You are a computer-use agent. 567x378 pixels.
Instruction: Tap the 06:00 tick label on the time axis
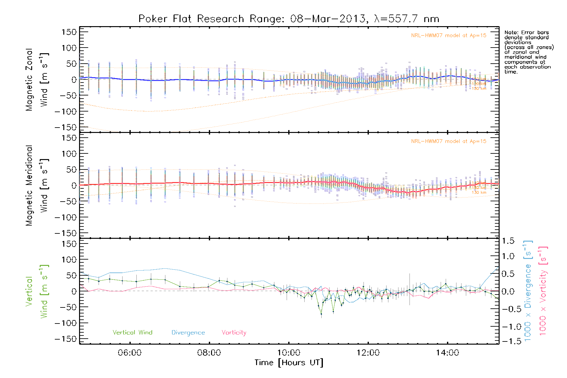tap(129, 353)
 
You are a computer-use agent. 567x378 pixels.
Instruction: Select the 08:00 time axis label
tap(209, 353)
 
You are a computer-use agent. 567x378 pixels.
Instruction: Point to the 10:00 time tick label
tap(289, 353)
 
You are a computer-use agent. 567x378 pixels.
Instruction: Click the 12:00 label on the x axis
tap(368, 353)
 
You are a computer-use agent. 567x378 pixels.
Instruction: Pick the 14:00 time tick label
tap(447, 353)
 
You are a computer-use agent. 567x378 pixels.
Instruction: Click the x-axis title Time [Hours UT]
tap(289, 363)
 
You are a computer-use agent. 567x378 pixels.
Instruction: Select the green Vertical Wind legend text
tap(132, 333)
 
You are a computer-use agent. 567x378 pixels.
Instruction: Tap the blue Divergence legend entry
tap(188, 333)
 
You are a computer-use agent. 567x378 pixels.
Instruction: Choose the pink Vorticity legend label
tap(234, 333)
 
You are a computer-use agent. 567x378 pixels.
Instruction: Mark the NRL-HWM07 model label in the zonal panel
tap(449, 36)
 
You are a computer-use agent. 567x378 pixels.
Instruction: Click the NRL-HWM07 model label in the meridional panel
tap(449, 141)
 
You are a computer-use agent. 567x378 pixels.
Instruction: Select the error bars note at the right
tap(529, 52)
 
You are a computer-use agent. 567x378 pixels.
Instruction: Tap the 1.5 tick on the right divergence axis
tap(508, 241)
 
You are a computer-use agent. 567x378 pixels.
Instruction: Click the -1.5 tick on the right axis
tap(507, 341)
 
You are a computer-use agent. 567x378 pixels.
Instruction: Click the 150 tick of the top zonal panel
tap(69, 32)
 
